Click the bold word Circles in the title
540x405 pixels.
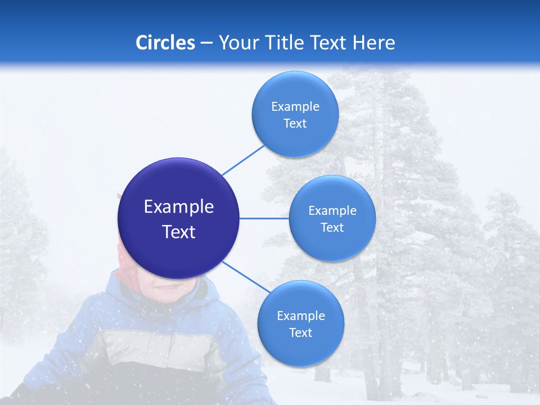point(165,43)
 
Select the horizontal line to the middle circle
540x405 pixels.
point(264,218)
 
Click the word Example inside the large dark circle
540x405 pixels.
point(179,207)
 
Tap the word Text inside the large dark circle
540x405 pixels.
point(179,232)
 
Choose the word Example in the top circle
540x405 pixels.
point(295,107)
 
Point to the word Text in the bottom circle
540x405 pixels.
point(300,332)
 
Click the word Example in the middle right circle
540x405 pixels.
point(332,211)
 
